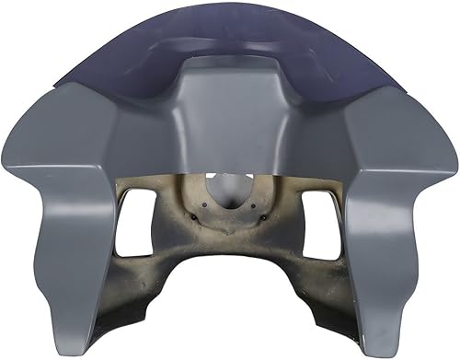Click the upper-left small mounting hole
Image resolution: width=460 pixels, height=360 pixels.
click(x=204, y=196)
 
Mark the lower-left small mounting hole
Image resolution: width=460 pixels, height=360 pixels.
click(x=195, y=217)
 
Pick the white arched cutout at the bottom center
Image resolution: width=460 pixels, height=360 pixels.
click(x=230, y=313)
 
